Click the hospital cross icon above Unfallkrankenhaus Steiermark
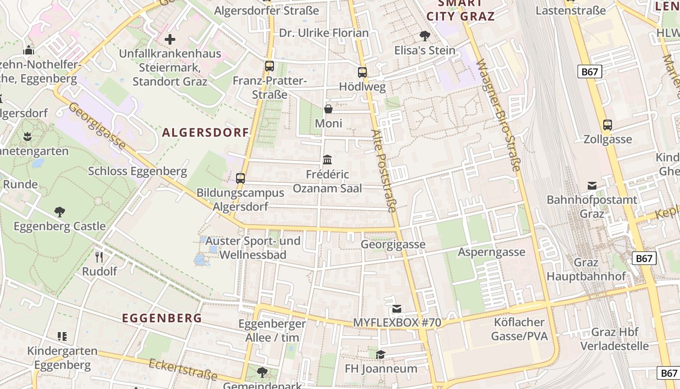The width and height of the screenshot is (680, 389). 170,39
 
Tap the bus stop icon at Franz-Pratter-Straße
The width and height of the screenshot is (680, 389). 269,66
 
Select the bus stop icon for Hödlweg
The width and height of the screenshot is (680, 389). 362,72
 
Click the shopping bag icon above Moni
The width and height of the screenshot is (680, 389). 328,108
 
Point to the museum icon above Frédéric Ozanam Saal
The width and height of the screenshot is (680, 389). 327,159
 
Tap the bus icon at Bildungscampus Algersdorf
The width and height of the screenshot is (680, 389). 240,178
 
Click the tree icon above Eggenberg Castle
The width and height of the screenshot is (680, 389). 60,212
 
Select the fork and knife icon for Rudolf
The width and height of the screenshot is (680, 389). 99,257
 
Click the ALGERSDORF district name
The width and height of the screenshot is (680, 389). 205,133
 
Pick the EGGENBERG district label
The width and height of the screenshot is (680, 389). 162,318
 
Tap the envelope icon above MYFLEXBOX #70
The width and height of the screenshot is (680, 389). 397,308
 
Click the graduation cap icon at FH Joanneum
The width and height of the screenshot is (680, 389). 380,354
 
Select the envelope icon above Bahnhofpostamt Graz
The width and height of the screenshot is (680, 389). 592,185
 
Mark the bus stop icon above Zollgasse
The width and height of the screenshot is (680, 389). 607,125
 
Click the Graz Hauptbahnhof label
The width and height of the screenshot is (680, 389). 586,269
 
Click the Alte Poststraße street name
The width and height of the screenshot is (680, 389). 384,171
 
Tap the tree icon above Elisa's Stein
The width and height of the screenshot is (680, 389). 425,35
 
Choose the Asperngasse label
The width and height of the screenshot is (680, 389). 492,252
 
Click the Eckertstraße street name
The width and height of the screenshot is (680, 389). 183,370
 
